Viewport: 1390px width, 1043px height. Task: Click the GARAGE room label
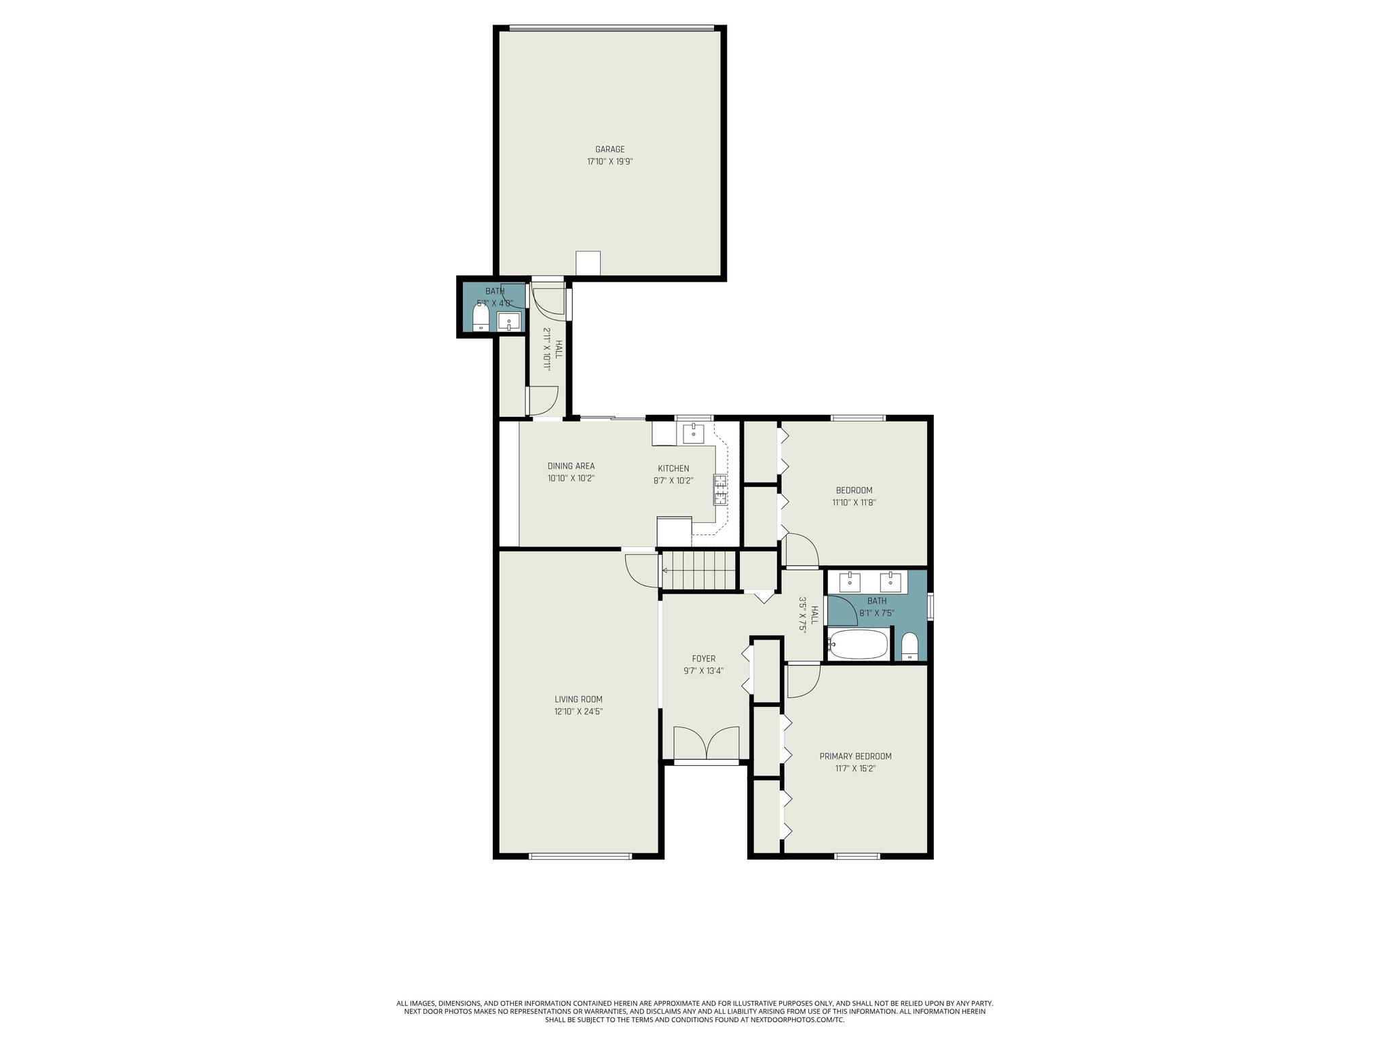609,149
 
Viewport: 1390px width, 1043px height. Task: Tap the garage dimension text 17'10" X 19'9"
609,162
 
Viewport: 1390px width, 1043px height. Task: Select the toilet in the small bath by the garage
481,319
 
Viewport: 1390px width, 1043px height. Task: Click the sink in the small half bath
508,321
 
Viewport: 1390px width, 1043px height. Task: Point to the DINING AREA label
571,466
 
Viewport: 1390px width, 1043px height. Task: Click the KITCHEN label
673,469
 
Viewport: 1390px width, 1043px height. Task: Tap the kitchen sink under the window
694,433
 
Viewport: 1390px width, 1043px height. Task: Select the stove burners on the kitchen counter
719,490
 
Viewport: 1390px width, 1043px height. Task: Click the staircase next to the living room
699,571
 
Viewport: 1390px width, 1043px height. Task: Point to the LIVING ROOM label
578,699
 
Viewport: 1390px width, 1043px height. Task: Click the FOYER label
703,659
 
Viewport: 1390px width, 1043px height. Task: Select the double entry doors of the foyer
706,743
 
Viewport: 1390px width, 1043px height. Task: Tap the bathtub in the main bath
857,644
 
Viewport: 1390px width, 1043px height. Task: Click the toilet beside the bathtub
909,646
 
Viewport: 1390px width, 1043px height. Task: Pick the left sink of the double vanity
850,582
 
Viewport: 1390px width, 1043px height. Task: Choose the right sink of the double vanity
890,582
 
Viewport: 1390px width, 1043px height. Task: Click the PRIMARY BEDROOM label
855,756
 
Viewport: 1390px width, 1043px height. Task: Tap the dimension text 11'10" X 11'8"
854,502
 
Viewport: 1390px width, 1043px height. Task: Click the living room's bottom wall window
580,856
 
